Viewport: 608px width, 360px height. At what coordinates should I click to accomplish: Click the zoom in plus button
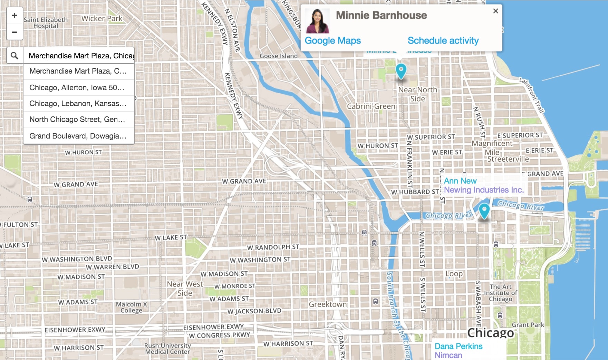15,15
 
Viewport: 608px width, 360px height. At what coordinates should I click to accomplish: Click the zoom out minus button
15,32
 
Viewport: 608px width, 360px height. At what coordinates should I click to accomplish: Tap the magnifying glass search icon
15,56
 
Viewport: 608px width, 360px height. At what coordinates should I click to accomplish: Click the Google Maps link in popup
332,41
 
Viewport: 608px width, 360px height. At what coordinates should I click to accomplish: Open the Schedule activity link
443,41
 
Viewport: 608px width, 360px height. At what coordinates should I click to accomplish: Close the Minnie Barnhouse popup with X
495,11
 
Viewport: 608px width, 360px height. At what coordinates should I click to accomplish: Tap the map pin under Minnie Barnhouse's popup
400,71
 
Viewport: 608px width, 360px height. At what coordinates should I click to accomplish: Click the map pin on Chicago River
484,210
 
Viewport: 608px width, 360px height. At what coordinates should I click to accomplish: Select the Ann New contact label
460,181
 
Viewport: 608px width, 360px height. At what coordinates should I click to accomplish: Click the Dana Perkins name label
458,346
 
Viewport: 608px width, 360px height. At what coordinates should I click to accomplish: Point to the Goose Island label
278,56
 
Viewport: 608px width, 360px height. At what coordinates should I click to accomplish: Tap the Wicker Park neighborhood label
102,19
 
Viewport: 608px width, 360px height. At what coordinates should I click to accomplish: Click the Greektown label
328,304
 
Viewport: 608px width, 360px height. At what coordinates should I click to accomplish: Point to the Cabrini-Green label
371,106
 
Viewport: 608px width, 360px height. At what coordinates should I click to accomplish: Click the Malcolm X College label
131,307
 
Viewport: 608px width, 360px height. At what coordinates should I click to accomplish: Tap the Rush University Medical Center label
167,349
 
